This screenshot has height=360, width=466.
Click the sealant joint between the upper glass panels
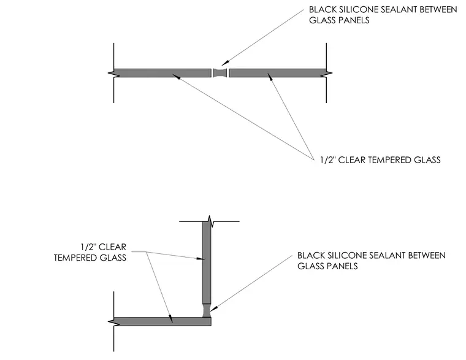tap(220, 73)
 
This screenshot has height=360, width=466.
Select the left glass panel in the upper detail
tap(162, 73)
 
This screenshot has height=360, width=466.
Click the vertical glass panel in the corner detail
tap(207, 262)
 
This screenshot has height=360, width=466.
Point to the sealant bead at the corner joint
tap(207, 310)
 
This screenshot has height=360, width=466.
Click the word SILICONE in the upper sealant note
tap(357, 10)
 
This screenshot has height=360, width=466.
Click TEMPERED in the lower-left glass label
tap(75, 258)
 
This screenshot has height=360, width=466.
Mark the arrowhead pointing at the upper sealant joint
tap(225, 63)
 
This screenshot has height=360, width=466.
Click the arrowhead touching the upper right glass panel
tap(270, 77)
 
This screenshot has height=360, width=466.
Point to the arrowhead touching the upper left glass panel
tap(176, 77)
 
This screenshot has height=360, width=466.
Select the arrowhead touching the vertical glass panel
tap(201, 259)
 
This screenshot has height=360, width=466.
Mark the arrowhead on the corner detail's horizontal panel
tap(170, 319)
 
